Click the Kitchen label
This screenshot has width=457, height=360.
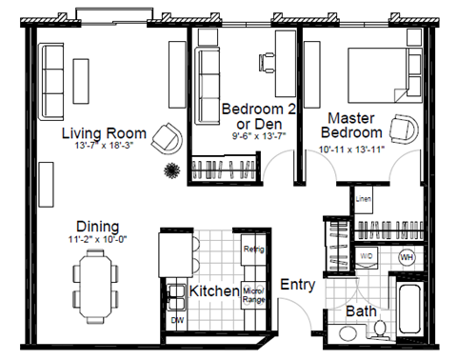point(213,290)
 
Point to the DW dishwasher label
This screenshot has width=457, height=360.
point(175,322)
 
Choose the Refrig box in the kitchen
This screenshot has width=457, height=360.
point(252,249)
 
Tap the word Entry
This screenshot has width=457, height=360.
point(298,284)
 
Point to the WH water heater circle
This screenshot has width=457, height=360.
point(406,257)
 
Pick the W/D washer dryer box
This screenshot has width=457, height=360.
point(368,257)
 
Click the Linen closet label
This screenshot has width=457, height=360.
point(363,200)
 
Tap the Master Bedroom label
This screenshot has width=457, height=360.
point(355,125)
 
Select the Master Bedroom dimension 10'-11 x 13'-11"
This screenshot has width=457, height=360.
point(357,149)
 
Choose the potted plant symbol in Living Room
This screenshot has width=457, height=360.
point(171,170)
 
